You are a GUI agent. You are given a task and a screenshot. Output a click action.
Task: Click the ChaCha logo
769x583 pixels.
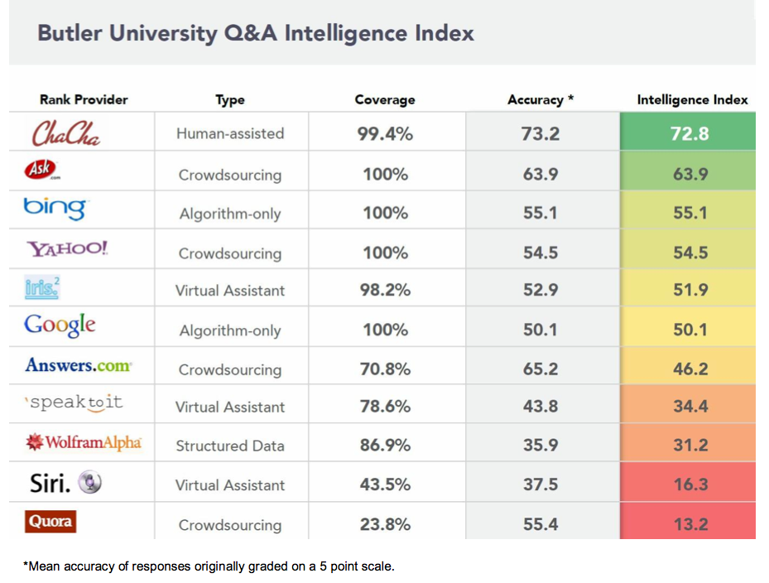click(66, 132)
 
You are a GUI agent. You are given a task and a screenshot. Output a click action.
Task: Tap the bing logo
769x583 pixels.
click(55, 209)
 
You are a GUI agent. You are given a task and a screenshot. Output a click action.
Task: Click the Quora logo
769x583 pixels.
click(50, 521)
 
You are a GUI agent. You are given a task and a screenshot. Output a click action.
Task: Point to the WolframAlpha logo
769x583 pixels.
click(84, 442)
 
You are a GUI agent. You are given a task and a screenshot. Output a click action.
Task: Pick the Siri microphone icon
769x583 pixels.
click(90, 483)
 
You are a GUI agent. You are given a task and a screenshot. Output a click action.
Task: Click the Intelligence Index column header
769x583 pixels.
click(692, 99)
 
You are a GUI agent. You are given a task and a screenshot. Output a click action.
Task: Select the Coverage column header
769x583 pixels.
click(385, 99)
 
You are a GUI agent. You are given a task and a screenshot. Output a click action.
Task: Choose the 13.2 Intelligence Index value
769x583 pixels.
click(690, 523)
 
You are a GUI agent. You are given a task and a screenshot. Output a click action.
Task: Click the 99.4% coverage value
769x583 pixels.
click(385, 133)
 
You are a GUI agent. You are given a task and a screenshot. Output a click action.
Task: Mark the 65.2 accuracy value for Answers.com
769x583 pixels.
click(541, 369)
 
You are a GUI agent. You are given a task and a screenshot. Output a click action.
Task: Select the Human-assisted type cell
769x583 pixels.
click(230, 133)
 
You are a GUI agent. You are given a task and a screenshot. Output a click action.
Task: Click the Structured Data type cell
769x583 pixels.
click(230, 446)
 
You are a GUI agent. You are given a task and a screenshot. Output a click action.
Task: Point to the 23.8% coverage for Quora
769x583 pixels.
click(385, 523)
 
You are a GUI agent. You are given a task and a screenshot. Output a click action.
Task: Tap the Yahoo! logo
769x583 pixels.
click(67, 248)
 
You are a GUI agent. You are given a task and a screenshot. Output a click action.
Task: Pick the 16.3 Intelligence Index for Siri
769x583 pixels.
click(690, 484)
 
